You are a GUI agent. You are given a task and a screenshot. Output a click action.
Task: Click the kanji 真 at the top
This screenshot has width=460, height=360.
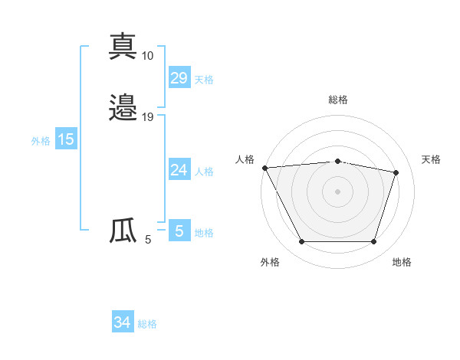point(123,47)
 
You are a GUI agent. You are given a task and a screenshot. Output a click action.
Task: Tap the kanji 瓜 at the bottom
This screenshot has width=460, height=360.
point(123,231)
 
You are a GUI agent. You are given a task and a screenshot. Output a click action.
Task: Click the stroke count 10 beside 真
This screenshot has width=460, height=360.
point(148,56)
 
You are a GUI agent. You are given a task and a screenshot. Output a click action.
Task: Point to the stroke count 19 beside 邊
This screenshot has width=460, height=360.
point(148,117)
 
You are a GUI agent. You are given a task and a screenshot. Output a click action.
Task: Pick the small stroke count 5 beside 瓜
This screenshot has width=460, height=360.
point(148,240)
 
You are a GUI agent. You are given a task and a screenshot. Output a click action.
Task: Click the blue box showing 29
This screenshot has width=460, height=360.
point(179,77)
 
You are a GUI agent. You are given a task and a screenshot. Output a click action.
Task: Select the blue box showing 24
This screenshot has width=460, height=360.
point(179,169)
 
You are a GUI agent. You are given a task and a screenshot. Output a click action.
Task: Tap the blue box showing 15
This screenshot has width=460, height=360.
point(66,139)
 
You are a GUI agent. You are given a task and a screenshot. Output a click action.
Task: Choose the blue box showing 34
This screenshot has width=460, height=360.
point(122,322)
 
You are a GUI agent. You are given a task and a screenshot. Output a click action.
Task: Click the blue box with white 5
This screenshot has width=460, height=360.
point(179,231)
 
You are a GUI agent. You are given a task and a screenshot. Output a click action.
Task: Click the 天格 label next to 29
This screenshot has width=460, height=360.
point(204,80)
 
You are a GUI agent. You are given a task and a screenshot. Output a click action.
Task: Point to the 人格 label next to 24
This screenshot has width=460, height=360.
point(204,172)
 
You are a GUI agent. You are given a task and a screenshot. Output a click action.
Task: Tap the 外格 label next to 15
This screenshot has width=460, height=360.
point(40,141)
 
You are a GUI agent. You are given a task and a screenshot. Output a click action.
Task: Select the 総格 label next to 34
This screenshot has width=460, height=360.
point(147,325)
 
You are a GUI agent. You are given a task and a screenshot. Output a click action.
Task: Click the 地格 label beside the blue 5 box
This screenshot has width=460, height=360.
point(204,233)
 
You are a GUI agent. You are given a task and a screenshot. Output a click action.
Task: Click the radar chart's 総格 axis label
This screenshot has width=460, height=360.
point(338,100)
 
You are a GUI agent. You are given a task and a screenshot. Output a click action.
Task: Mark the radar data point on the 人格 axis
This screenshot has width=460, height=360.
point(264,168)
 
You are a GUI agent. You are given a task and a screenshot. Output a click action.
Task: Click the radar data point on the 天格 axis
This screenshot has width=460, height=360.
point(396,172)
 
